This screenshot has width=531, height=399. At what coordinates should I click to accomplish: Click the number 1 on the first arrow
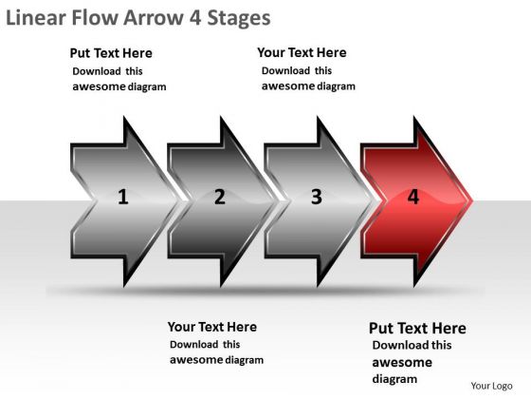tap(123, 197)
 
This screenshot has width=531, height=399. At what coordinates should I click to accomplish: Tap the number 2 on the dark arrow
tap(220, 197)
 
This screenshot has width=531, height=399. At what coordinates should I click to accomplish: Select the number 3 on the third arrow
tap(317, 197)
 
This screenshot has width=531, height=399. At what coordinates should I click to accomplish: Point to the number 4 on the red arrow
tap(413, 197)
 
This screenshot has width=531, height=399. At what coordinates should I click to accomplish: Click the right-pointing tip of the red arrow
tap(472, 200)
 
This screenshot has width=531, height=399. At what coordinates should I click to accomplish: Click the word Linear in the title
tap(36, 18)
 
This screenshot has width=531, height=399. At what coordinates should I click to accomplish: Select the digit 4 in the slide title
tap(194, 18)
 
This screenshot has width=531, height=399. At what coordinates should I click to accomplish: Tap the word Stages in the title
tap(239, 19)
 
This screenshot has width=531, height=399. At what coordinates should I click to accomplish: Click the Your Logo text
tap(491, 386)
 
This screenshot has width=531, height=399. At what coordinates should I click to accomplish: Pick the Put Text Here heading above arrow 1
tap(111, 53)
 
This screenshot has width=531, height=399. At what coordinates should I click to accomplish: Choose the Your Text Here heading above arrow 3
tap(302, 52)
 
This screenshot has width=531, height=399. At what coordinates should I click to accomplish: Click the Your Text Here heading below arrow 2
tap(212, 327)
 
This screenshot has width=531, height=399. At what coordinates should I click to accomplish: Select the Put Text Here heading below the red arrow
tap(417, 328)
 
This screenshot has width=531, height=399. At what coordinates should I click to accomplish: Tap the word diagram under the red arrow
tap(394, 379)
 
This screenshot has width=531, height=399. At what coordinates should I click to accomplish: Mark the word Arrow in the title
tap(153, 18)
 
